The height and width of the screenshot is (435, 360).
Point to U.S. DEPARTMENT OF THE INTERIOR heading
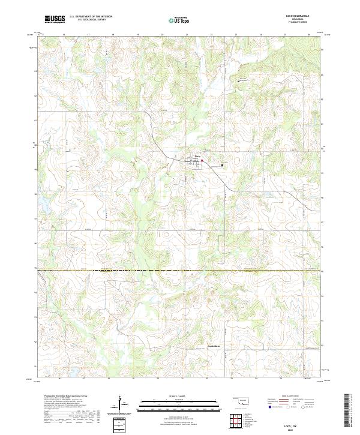[x=91, y=17]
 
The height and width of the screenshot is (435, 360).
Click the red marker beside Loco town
[x=202, y=160]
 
